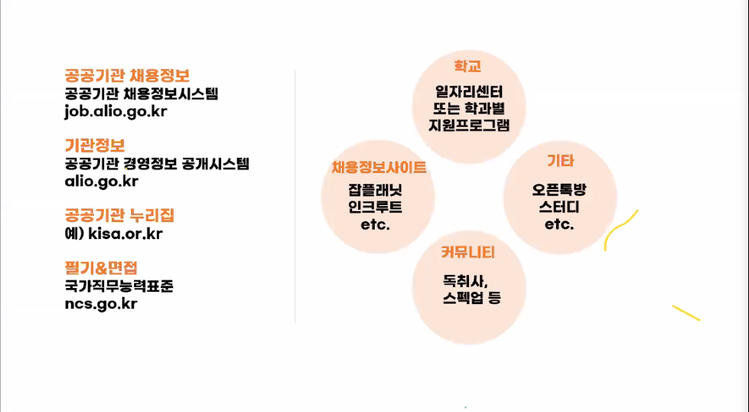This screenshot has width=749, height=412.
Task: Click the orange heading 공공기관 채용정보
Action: coord(127,76)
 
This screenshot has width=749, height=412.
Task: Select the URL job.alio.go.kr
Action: coord(116,111)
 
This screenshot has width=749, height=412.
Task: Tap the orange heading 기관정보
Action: coord(95,146)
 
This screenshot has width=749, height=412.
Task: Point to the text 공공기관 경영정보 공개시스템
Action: coord(157,164)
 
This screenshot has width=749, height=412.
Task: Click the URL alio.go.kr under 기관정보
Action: coord(101,181)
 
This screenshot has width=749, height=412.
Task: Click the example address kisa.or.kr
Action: coord(122,234)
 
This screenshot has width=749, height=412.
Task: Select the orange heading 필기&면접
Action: coord(101,267)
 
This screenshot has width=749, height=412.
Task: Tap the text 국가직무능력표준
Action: coord(119,286)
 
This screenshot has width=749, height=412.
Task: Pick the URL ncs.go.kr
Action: coord(101,303)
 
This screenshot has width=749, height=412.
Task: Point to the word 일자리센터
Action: coord(469,90)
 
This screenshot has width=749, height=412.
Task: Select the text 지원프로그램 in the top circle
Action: coord(469,125)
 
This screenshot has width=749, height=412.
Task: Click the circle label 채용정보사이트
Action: coord(379,168)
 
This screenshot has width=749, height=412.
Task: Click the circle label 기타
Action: coord(560,161)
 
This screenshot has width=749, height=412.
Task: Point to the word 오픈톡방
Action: coord(559,191)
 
